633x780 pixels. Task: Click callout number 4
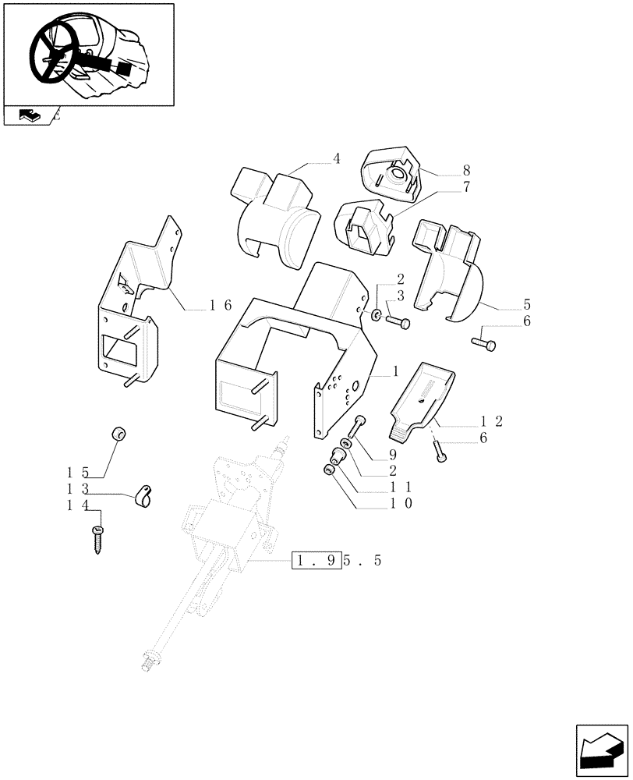coord(337,159)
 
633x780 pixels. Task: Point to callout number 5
coord(504,303)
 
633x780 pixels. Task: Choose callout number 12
coord(492,422)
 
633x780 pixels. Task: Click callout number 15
coord(78,473)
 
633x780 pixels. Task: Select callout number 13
coord(78,489)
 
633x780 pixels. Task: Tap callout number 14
coord(78,506)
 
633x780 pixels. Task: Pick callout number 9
coord(393,454)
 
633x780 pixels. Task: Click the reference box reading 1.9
coord(316,560)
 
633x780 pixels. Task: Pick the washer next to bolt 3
coord(377,315)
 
